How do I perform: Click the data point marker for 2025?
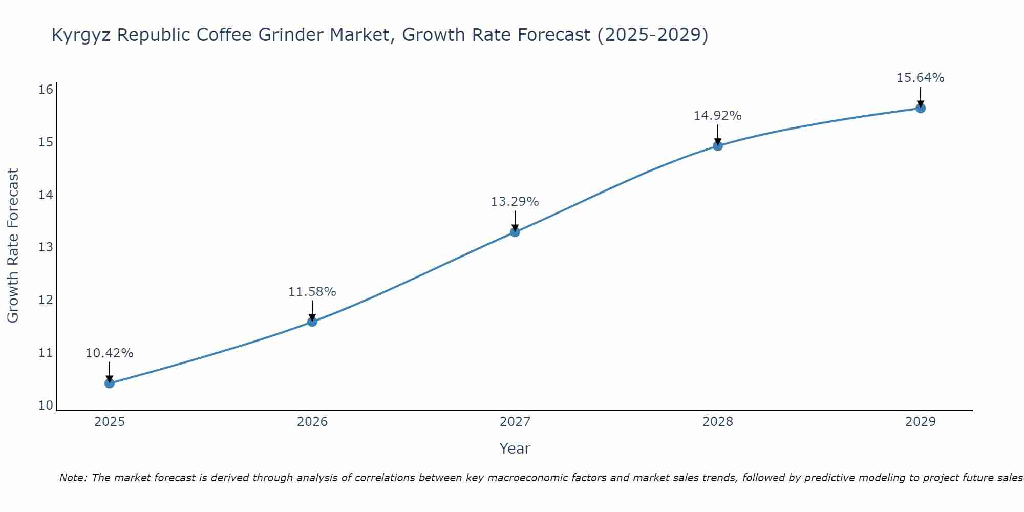tap(110, 383)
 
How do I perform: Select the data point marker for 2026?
tap(312, 322)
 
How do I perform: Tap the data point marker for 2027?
tap(515, 232)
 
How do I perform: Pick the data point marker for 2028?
tap(718, 146)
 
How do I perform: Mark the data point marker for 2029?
tap(921, 108)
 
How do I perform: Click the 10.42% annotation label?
tap(110, 353)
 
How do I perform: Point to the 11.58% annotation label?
tap(312, 292)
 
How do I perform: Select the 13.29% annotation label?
tap(515, 202)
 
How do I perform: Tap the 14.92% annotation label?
tap(718, 116)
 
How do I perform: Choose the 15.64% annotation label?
tap(921, 78)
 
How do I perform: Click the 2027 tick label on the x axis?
tap(515, 422)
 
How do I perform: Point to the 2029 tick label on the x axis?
tap(921, 422)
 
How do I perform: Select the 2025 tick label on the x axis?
tap(110, 422)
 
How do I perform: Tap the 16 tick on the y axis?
tap(46, 90)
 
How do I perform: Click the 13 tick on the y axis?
tap(46, 247)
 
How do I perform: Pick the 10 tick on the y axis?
tap(46, 406)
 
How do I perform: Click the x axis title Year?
tap(515, 449)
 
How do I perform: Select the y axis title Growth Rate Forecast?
tap(13, 246)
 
